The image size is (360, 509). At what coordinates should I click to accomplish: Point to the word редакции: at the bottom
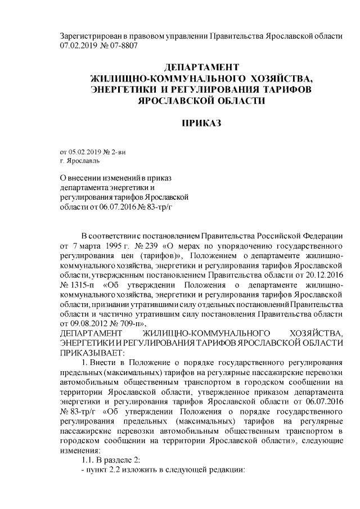pyautogui.click(x=226, y=470)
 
